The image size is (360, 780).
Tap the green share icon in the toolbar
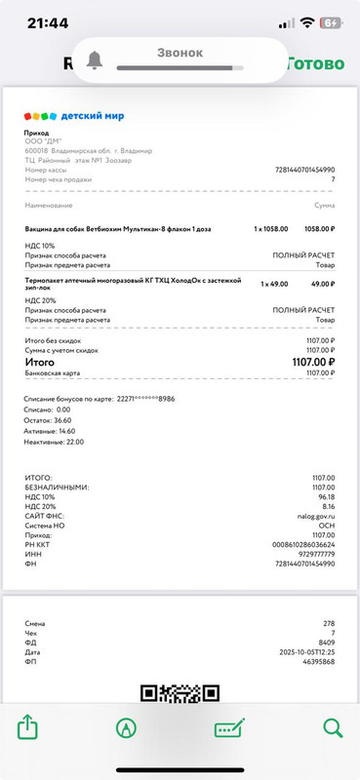27,727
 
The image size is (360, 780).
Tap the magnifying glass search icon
333,727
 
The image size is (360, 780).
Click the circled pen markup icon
126,727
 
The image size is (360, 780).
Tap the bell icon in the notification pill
95,59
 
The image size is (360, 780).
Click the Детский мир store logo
73,115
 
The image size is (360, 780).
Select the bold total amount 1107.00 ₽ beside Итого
311,361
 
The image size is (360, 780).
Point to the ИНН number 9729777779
312,553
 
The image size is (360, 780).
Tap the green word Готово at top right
314,64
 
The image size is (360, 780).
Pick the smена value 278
328,622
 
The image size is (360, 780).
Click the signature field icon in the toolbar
229,727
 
